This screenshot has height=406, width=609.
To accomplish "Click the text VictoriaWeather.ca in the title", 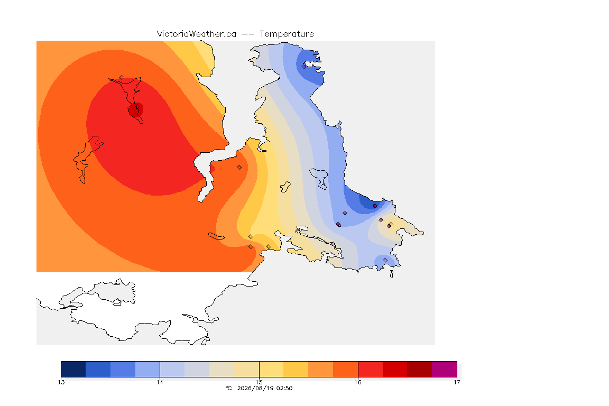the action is tap(197, 34).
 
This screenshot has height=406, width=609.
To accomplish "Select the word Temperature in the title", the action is tap(287, 34).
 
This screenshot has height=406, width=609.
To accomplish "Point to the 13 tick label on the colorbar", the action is tap(61, 382).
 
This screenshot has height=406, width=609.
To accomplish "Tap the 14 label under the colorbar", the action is tap(160, 382).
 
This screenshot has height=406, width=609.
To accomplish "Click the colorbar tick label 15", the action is tap(259, 382).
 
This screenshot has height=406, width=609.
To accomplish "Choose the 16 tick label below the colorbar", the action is tap(358, 382).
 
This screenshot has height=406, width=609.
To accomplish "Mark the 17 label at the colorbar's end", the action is tap(457, 382).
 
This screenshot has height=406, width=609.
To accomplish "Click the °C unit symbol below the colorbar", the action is tap(229, 388).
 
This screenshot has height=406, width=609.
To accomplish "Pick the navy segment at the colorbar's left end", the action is tap(73, 369).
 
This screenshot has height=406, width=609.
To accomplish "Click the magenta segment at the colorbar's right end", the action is tap(444, 369).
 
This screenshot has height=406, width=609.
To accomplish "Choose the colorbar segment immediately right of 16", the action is tap(370, 369).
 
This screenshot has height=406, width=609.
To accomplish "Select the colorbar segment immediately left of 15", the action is tap(247, 369).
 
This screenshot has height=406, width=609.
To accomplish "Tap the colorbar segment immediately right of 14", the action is tap(172, 369).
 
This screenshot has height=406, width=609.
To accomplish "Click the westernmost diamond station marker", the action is tap(122, 78).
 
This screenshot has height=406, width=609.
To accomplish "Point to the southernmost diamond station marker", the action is tap(385, 260).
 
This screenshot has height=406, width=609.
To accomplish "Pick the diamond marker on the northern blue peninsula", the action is tap(304, 67).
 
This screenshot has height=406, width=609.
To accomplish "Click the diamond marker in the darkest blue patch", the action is tap(375, 206).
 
